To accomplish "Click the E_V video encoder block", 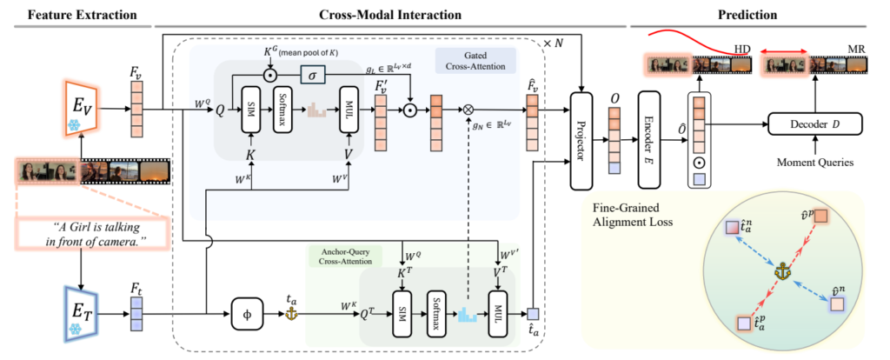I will tap(85, 110).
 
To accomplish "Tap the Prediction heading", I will tap(747, 14).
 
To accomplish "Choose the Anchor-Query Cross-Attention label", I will tap(345, 257).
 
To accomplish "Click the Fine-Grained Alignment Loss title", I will tap(629, 216).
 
